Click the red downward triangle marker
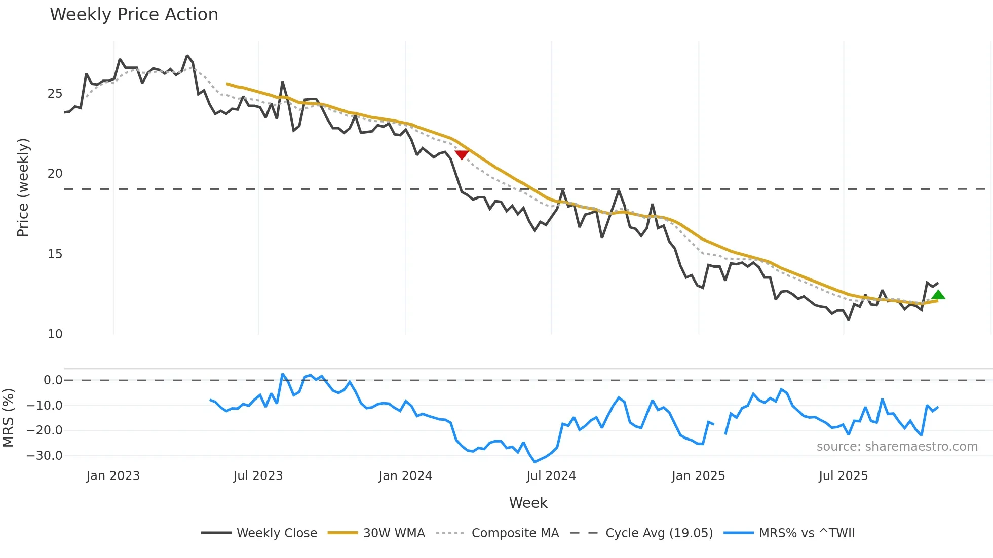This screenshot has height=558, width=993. coord(462,154)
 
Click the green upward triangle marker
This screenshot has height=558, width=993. coord(938,295)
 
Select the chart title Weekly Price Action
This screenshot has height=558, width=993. coord(134,15)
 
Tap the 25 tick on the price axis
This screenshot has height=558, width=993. coord(55,94)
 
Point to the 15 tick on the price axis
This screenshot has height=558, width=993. coord(55,254)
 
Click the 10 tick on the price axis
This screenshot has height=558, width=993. coord(55,334)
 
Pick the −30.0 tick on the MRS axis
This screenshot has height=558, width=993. coord(45,456)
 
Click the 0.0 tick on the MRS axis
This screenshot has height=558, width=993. coord(53,380)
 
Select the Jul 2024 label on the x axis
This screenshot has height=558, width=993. coord(551,476)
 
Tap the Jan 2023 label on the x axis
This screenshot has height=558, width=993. coord(113,476)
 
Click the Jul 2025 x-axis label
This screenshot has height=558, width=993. coord(844,476)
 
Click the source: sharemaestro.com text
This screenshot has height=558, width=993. coord(897,447)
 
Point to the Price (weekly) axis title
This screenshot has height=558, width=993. coord(23,187)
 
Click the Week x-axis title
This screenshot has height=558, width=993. coord(528,503)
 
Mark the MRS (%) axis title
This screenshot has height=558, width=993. coord(9,418)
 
